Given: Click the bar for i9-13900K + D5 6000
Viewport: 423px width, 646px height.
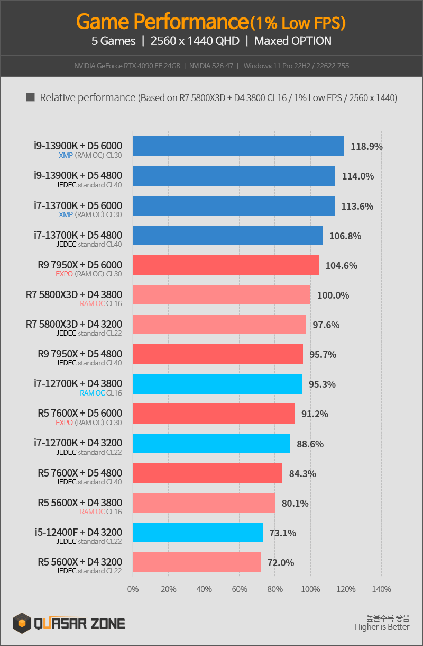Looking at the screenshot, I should [x=238, y=146].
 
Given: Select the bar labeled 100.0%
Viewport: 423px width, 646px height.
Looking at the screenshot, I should [x=222, y=295].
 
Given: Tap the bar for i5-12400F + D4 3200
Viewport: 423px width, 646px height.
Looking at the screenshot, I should [x=198, y=532].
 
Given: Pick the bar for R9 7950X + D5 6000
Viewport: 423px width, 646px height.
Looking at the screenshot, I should [x=226, y=265].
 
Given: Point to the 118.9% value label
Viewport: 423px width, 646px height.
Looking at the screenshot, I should [x=366, y=147].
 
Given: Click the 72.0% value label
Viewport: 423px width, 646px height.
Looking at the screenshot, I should [x=281, y=562].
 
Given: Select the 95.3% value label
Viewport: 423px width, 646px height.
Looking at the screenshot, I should [x=322, y=384].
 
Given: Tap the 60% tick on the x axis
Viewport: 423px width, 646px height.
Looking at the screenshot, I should [x=240, y=589].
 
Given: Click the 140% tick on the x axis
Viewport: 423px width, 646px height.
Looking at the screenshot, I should [x=382, y=589].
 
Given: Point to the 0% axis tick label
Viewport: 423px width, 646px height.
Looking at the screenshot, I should [x=133, y=589].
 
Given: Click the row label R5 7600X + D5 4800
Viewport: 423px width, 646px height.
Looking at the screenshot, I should [x=80, y=473].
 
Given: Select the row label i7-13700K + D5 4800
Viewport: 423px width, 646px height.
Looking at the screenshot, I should [x=78, y=235].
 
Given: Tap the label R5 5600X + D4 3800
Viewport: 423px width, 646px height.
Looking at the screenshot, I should [x=80, y=503].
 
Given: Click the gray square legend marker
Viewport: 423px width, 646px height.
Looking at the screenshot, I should [x=30, y=97].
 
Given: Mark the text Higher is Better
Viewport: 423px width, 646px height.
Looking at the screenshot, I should [x=382, y=627].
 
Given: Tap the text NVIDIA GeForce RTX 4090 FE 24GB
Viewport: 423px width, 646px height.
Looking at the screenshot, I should [x=127, y=66].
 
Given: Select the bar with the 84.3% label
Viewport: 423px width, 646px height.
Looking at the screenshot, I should [x=208, y=473].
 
